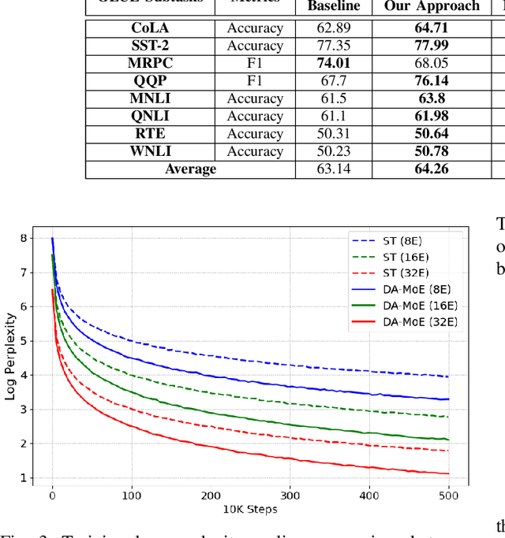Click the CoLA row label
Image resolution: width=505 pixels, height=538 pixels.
coord(150,28)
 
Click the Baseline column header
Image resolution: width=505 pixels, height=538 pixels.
coord(333,6)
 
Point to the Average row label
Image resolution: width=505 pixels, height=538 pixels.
coord(190,169)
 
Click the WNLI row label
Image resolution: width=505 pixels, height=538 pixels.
coord(150,151)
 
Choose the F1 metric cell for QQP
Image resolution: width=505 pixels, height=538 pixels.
coord(255,81)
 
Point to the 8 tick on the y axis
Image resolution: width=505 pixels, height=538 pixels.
coord(24,238)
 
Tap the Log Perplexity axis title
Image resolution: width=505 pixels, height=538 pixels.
coord(9,356)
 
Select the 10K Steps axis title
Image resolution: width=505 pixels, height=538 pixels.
coord(250,510)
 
